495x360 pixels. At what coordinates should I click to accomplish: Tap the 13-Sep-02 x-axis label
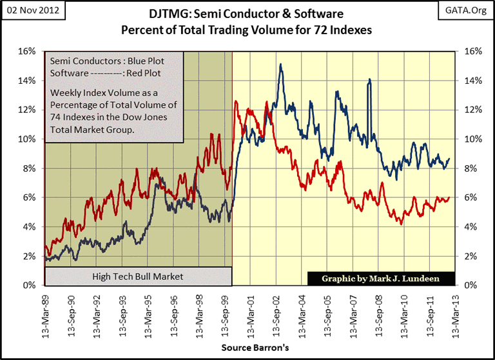click(x=280, y=312)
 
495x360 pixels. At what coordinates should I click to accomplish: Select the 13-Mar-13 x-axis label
click(x=456, y=312)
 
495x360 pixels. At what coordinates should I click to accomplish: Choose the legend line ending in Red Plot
click(x=107, y=73)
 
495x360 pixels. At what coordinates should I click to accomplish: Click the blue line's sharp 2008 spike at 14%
click(x=370, y=79)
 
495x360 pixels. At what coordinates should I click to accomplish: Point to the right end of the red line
click(x=449, y=197)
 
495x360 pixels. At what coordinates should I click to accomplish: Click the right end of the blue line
click(x=449, y=158)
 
